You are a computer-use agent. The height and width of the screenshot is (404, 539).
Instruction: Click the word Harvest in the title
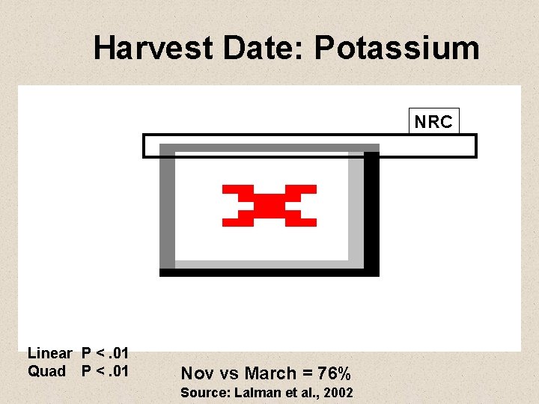[x=153, y=49]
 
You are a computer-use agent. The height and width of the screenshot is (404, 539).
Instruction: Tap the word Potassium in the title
[x=397, y=49]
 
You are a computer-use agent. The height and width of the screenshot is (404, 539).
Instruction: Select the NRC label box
[x=434, y=122]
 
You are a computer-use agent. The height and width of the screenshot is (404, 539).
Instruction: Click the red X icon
[x=269, y=205]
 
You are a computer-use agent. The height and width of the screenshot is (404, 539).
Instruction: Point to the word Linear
[x=49, y=353]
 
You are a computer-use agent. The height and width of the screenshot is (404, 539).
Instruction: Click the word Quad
[x=46, y=371]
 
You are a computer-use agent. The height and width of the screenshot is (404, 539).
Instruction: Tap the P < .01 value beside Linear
[x=106, y=353]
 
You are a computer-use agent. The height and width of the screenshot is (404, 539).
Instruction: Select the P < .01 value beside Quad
[x=106, y=371]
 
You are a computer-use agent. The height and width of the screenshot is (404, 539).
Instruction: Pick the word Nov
[x=197, y=373]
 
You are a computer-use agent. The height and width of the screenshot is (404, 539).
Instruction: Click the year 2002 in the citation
[x=338, y=394]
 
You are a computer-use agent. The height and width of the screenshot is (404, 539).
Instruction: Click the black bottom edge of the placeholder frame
[x=269, y=272]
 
